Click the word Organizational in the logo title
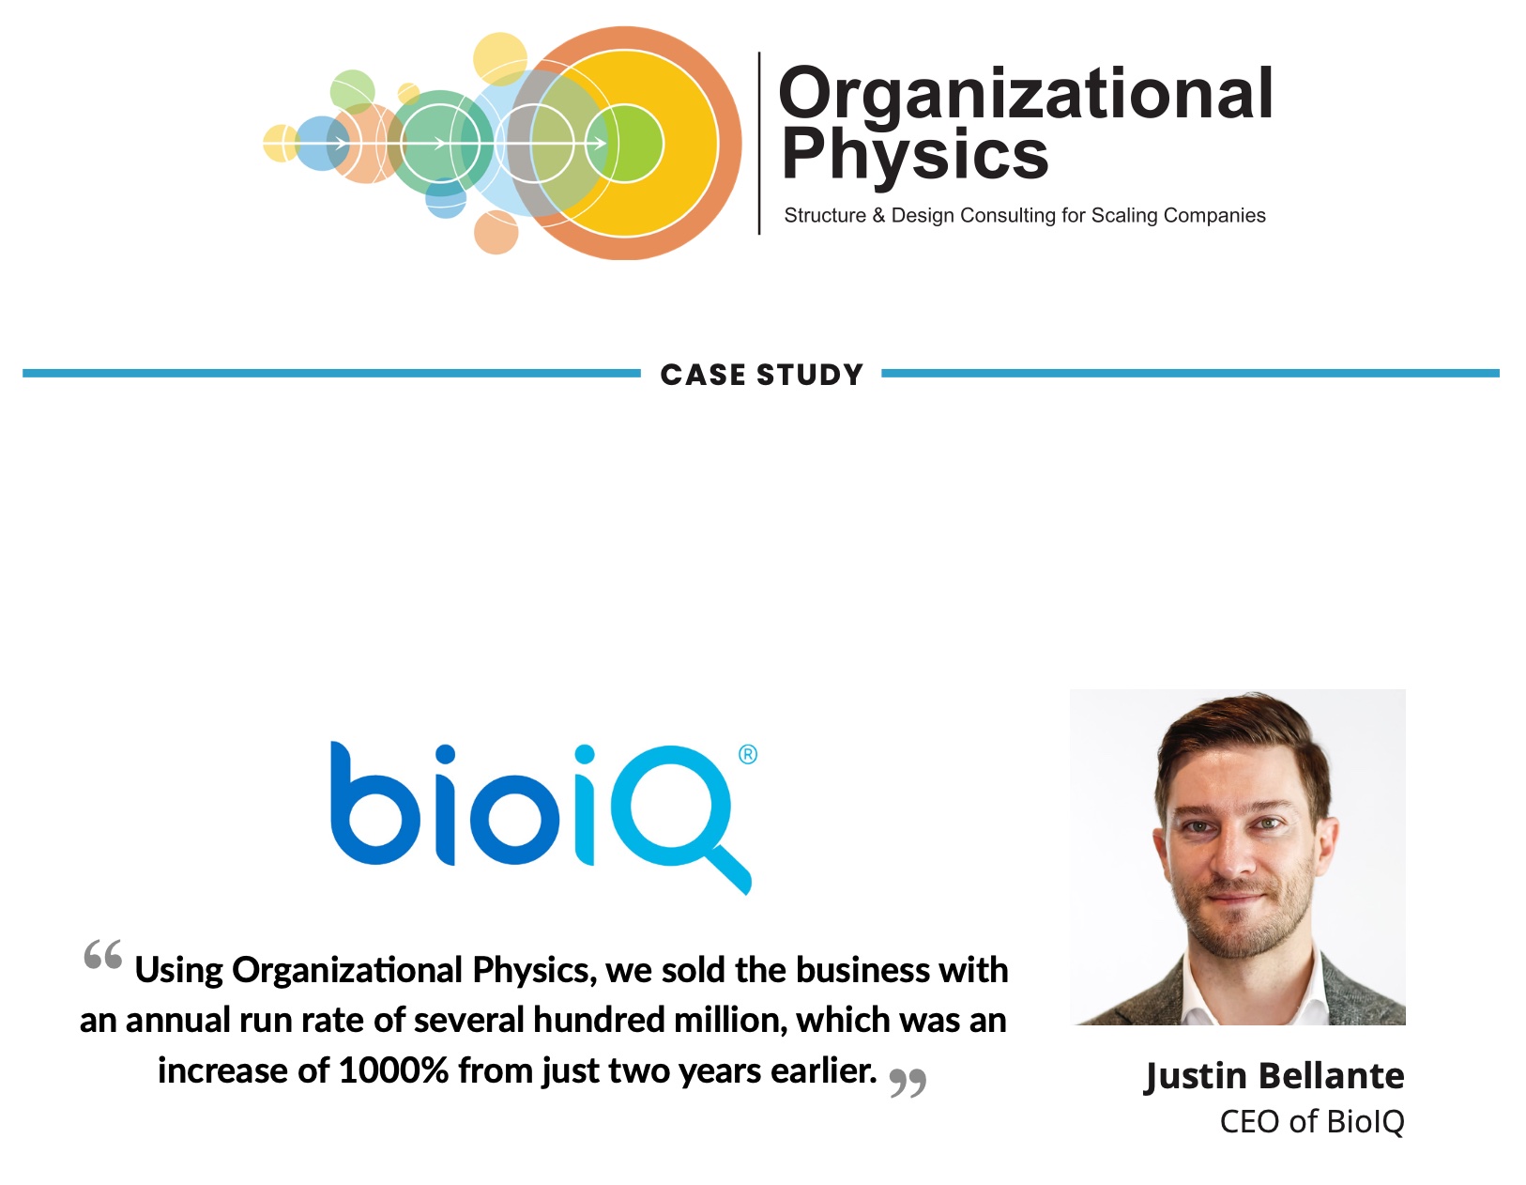click(1025, 95)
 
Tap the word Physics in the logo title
click(914, 155)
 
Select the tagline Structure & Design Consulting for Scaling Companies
click(1024, 216)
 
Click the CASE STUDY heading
click(761, 375)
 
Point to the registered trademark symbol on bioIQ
click(748, 755)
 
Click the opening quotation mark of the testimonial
click(102, 956)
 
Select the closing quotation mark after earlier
click(908, 1083)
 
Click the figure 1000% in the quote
click(393, 1070)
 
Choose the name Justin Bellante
click(1274, 1076)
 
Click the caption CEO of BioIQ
click(1311, 1121)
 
